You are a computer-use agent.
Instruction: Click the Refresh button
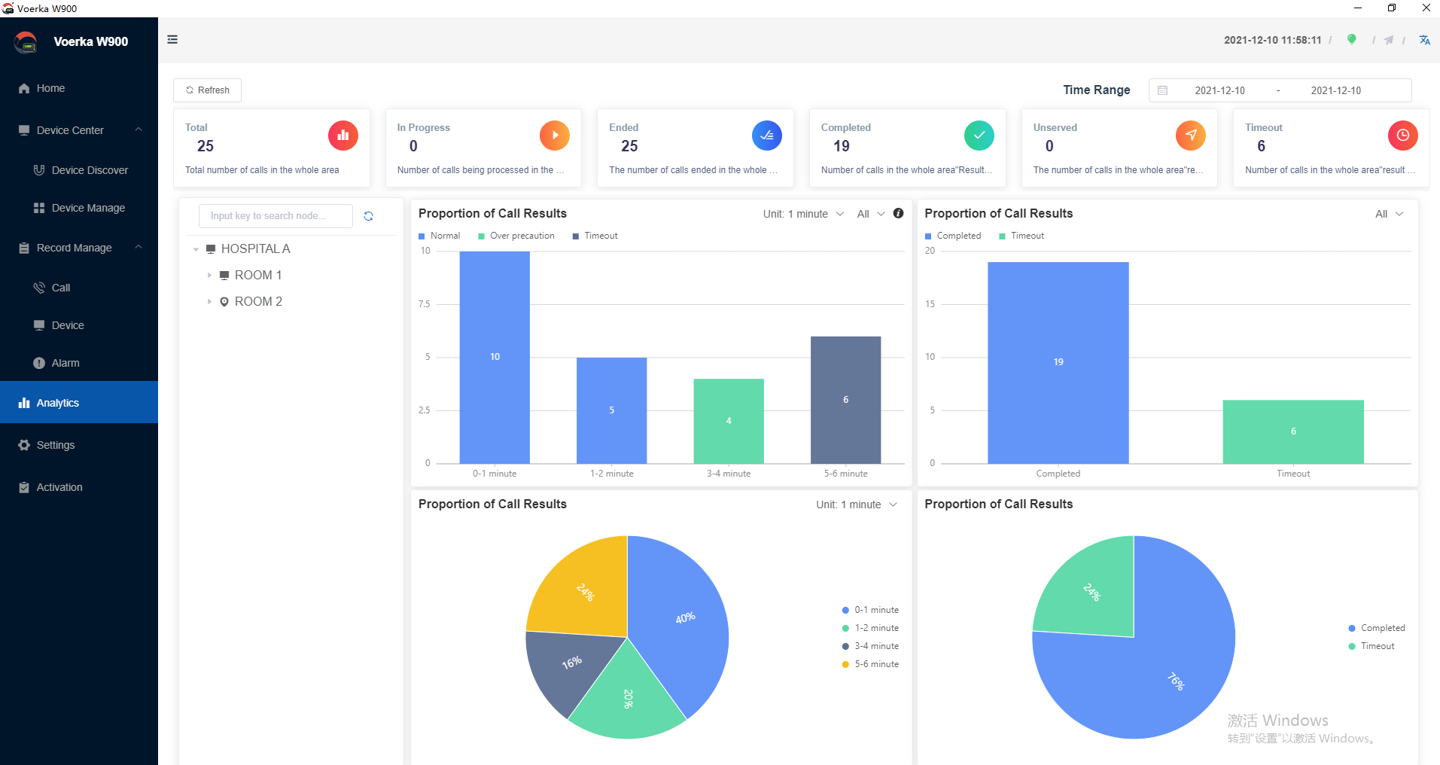[x=207, y=90]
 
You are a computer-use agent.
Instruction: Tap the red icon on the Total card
[x=343, y=136]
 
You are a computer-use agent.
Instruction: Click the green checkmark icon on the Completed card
[x=979, y=136]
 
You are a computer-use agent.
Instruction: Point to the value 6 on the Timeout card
[x=1262, y=146]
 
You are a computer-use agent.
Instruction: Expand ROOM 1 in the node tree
[x=209, y=276]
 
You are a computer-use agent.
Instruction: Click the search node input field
[x=276, y=216]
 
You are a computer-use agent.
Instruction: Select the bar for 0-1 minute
[x=495, y=357]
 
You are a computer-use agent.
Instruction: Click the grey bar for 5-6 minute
[x=845, y=400]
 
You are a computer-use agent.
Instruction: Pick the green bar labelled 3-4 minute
[x=729, y=421]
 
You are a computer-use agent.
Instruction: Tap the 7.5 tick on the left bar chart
[x=425, y=304]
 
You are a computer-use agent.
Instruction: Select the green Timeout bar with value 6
[x=1293, y=431]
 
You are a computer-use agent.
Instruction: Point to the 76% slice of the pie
[x=1152, y=663]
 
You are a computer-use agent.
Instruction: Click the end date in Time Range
[x=1336, y=90]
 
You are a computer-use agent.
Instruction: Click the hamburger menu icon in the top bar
[x=172, y=39]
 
